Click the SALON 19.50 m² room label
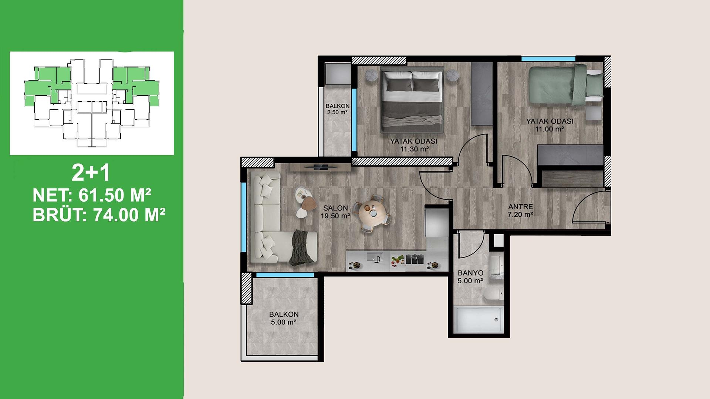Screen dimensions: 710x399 [335, 212]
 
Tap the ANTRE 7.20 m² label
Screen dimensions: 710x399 [520, 210]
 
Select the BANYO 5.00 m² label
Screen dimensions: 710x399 [470, 277]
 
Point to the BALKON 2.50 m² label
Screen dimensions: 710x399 [337, 109]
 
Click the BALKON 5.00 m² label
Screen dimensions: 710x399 [284, 318]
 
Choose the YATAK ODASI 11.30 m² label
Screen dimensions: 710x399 [414, 145]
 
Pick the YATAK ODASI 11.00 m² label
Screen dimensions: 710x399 [550, 125]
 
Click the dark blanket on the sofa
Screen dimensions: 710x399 [303, 248]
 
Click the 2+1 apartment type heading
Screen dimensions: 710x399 [91, 174]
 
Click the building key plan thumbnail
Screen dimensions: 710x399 [92, 103]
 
